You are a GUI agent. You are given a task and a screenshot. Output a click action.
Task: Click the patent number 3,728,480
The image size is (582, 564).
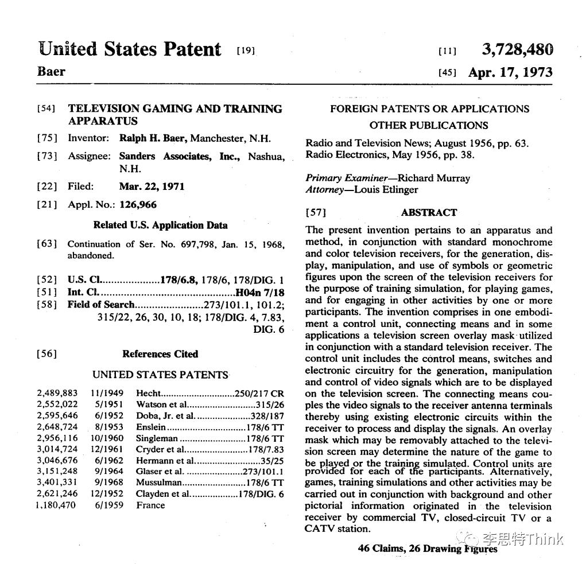(x=517, y=50)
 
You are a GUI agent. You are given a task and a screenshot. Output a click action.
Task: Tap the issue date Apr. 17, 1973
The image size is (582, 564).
(x=510, y=72)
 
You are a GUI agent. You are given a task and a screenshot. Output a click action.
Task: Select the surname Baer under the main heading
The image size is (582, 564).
(x=51, y=72)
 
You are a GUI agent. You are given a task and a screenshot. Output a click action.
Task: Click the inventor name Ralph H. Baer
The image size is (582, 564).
(x=154, y=138)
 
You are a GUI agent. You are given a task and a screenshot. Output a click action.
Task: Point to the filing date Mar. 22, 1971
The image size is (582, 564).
(x=152, y=186)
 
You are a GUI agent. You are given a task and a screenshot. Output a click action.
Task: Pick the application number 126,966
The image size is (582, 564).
(x=138, y=205)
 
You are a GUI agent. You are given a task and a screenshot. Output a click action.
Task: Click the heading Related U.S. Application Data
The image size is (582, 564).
(x=160, y=225)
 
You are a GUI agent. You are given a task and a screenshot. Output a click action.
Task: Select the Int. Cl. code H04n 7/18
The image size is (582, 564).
(x=260, y=292)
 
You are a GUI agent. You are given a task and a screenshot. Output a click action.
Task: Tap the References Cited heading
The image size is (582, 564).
(x=160, y=354)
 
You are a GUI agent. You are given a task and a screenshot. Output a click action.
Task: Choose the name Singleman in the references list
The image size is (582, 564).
(x=157, y=438)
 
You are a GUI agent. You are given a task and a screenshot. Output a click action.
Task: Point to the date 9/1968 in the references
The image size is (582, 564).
(x=106, y=483)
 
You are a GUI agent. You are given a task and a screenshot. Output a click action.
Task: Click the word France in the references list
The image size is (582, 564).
(x=150, y=505)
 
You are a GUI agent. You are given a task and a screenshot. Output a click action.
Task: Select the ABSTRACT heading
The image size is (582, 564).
(x=429, y=212)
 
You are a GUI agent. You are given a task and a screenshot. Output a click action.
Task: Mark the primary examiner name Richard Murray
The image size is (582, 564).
(x=433, y=178)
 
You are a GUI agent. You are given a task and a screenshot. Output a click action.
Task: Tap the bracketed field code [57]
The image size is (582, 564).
(x=316, y=213)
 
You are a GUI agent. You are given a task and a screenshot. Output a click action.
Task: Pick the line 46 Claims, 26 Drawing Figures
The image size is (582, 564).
(x=428, y=549)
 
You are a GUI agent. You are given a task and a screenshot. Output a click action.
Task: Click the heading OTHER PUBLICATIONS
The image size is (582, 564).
(x=429, y=125)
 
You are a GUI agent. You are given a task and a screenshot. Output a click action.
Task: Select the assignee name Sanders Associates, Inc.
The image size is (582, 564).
(x=181, y=157)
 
